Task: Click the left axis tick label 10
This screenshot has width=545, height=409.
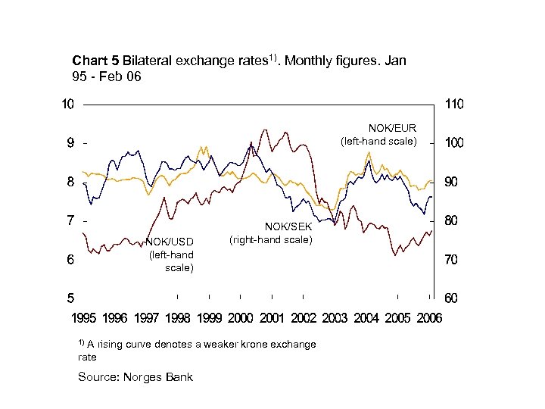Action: coord(67,105)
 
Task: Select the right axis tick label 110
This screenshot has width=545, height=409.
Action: coord(454,105)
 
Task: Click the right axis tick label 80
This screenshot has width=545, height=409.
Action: coord(451,220)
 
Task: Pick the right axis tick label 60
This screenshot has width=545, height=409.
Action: coord(451,298)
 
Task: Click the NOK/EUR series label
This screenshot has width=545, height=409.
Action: coord(392,127)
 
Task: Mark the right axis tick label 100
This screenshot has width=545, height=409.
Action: coord(454,143)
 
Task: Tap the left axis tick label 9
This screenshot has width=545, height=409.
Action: coord(70,143)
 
